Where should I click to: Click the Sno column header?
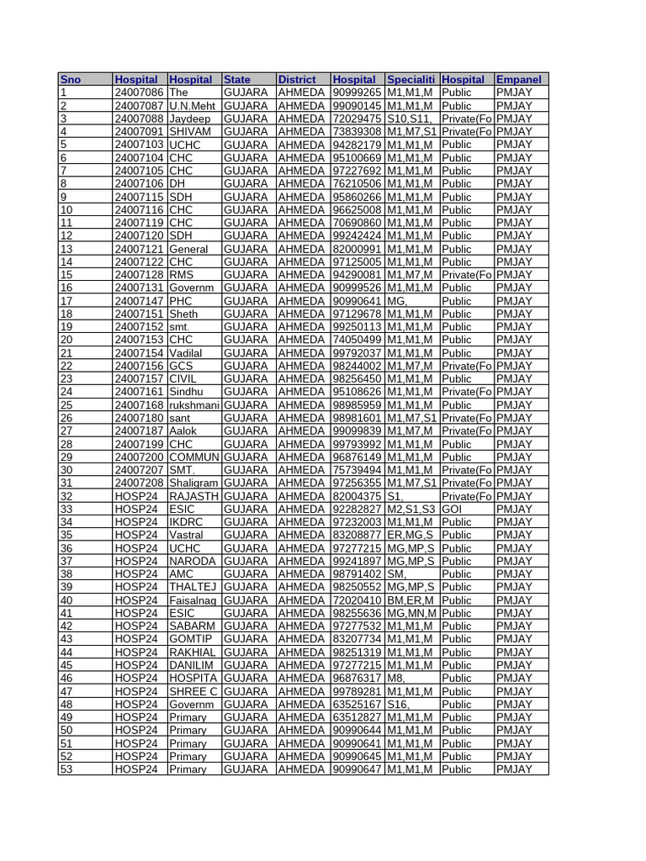(71, 79)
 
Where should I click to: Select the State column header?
(237, 79)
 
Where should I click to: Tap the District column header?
(297, 79)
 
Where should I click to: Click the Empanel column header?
(518, 79)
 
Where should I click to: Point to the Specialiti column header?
(411, 79)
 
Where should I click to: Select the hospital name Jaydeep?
(190, 119)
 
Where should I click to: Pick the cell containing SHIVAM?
(189, 131)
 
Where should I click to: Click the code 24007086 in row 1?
(139, 92)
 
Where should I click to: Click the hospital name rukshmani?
(194, 405)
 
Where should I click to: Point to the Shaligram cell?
(194, 483)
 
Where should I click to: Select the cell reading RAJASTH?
(194, 496)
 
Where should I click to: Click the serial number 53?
(66, 769)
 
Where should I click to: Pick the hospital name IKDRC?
(187, 522)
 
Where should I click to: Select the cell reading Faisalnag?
(194, 600)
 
